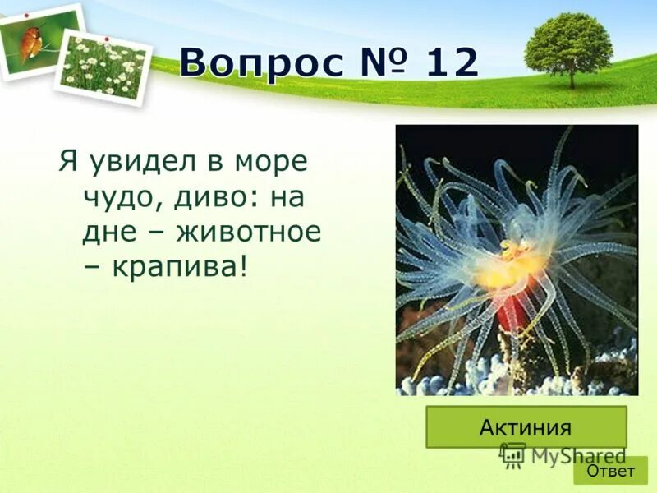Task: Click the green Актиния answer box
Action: coord(526,426)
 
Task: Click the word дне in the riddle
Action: coord(105,232)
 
